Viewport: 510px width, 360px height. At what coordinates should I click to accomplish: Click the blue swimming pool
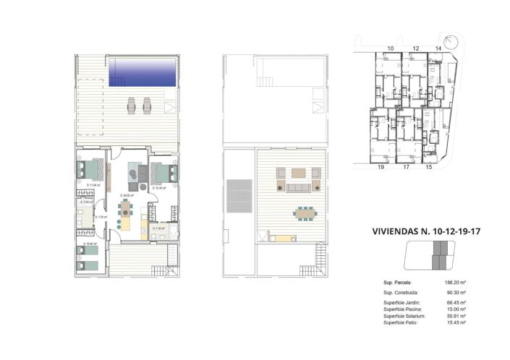coord(143,73)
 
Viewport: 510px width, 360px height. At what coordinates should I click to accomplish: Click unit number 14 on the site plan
coord(438,48)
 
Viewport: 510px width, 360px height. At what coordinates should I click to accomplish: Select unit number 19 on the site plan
coord(381,167)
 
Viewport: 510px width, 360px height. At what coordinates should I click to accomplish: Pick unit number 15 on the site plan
coord(428,167)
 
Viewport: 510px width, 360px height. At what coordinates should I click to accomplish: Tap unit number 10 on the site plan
coord(391,48)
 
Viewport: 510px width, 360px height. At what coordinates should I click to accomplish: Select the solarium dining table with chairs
coord(305,213)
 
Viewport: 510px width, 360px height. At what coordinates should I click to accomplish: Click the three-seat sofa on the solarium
coord(297,187)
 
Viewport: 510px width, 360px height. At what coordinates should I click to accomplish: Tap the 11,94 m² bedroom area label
coord(91,186)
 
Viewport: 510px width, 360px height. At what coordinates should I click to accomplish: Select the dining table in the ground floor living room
coord(127,210)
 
